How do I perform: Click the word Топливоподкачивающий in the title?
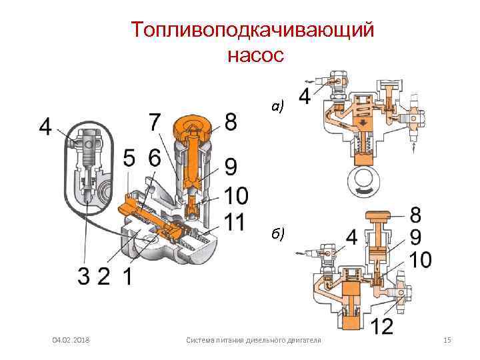[253, 31]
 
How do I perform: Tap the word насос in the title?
[256, 55]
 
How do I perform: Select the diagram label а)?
[278, 106]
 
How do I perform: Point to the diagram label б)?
[278, 233]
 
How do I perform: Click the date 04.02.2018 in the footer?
[72, 341]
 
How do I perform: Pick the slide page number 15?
[447, 341]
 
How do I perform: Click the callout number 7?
[153, 122]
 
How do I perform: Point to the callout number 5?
[131, 159]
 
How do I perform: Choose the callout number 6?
[155, 159]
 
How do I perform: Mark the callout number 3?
[82, 275]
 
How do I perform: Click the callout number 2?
[103, 275]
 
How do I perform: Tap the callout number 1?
[125, 275]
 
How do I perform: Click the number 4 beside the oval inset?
[45, 127]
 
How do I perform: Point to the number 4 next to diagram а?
[304, 97]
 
